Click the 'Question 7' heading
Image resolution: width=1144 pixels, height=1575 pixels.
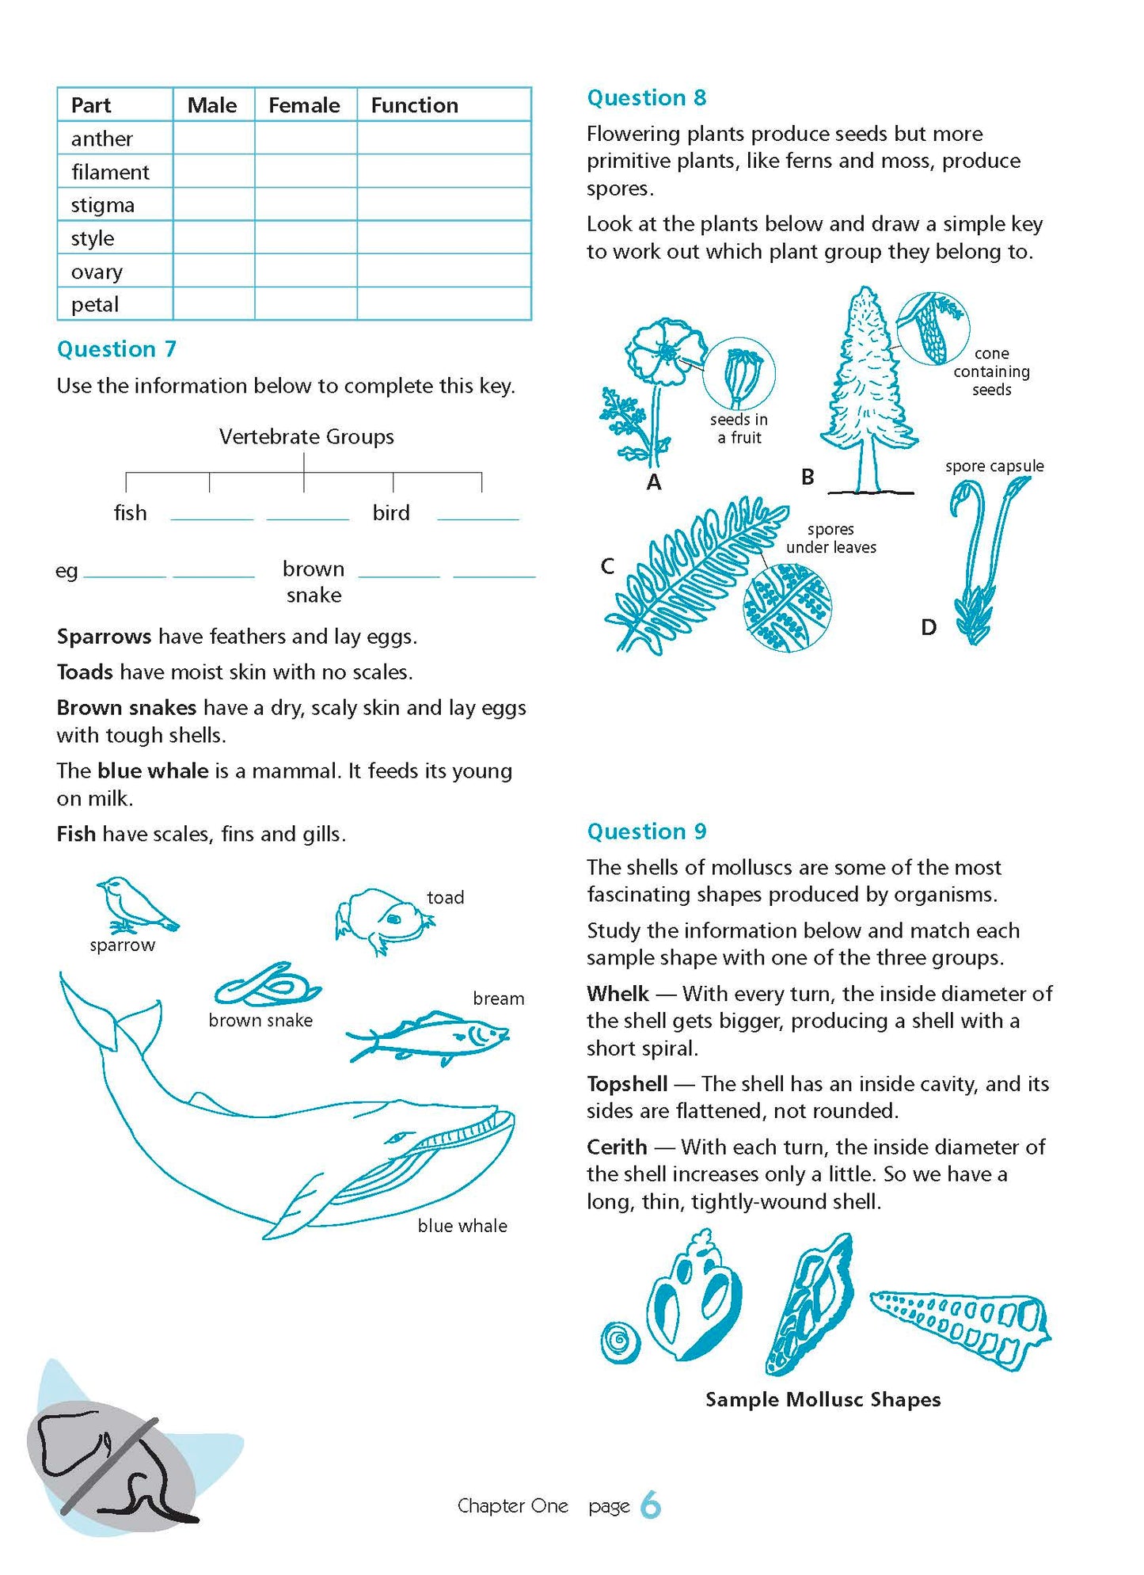[x=116, y=349]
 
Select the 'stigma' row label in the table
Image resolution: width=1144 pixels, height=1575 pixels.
[x=103, y=205]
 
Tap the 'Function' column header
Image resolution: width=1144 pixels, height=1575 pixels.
[x=414, y=105]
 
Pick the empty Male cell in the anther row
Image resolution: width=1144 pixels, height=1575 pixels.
[x=213, y=139]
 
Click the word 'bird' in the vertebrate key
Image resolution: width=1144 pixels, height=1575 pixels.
[x=391, y=513]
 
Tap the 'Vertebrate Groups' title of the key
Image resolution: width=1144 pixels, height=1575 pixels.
[x=306, y=437]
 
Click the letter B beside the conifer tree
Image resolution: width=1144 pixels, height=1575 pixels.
[x=808, y=477]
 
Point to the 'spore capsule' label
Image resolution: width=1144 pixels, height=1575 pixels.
[x=994, y=466]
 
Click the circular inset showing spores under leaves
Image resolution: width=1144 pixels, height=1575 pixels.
[x=787, y=607]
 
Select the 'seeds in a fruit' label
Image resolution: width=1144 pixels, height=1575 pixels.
[x=739, y=428]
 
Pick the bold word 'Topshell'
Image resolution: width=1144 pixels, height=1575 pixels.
[x=627, y=1083]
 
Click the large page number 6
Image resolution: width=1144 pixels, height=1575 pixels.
[x=650, y=1505]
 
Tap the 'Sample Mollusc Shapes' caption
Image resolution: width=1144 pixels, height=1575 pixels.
[x=823, y=1399]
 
